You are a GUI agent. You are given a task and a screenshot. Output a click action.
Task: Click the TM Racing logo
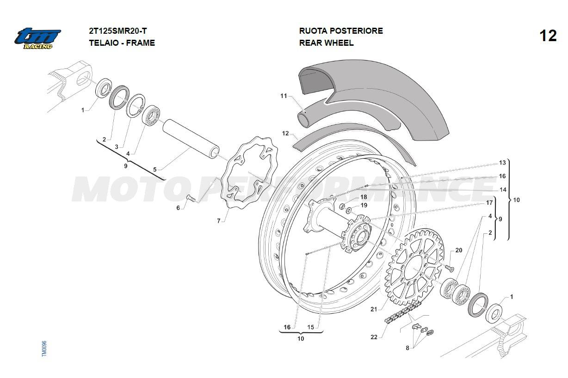(37, 38)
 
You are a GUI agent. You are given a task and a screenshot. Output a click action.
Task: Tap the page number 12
(548, 36)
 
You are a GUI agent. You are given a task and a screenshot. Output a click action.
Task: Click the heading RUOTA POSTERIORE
(341, 31)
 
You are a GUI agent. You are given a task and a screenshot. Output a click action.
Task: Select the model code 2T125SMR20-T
(117, 31)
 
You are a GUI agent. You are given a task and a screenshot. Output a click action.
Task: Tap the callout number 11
(284, 96)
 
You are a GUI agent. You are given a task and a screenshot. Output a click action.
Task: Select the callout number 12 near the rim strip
(285, 134)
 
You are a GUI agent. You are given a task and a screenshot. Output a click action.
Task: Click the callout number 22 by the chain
(374, 337)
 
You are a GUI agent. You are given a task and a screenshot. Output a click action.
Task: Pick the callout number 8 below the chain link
(407, 348)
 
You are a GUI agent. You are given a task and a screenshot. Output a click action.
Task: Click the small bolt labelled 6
(190, 198)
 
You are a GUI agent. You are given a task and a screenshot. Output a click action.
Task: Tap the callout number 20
(458, 250)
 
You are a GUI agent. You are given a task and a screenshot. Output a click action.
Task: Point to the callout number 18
(364, 197)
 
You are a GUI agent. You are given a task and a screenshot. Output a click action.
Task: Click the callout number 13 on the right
(502, 163)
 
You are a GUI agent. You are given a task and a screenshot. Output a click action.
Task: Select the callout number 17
(489, 202)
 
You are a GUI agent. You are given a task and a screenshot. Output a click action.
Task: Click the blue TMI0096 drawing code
(44, 348)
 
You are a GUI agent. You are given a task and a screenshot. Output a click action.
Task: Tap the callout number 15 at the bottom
(310, 327)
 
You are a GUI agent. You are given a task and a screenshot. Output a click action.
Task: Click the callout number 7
(219, 221)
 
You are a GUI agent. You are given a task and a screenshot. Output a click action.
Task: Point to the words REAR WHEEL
(326, 43)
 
